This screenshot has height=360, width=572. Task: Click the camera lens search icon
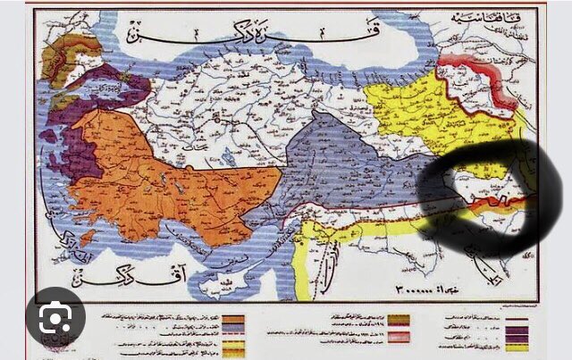55,315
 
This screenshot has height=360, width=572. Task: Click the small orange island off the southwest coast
87,239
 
